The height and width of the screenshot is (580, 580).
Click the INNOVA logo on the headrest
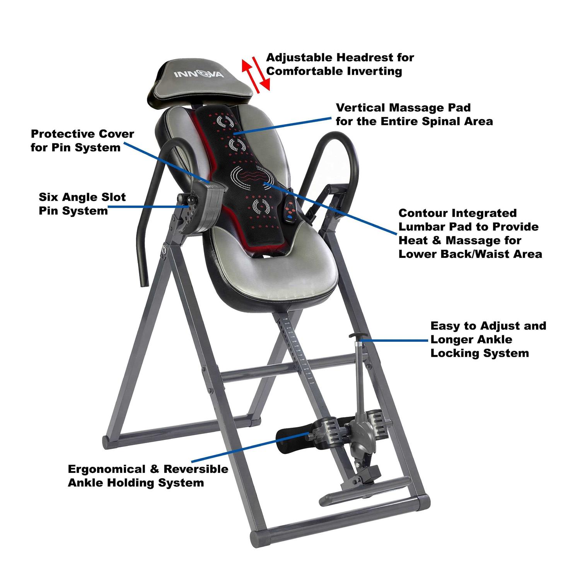pos(198,73)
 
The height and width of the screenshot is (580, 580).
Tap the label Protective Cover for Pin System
pos(82,140)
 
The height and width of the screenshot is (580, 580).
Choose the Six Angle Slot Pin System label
pos(82,204)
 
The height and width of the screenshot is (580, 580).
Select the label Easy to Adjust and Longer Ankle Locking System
pos(488,339)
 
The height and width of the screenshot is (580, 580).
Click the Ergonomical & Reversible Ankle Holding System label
pos(148,476)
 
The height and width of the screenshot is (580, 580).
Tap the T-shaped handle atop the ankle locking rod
pos(356,336)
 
